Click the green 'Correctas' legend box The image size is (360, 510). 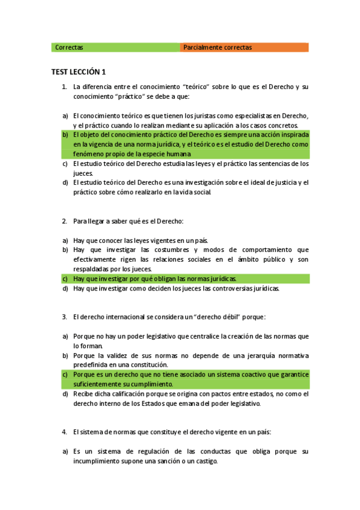[115, 48]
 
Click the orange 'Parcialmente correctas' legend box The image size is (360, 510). [244, 48]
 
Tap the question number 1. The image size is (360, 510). [64, 87]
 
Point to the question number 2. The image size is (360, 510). [64, 221]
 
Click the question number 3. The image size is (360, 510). [64, 316]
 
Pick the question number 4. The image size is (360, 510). [64, 432]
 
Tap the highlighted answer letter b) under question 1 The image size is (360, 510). [65, 135]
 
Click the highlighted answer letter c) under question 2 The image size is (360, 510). [65, 278]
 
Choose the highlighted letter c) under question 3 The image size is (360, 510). [65, 374]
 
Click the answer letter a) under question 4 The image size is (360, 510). [65, 451]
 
